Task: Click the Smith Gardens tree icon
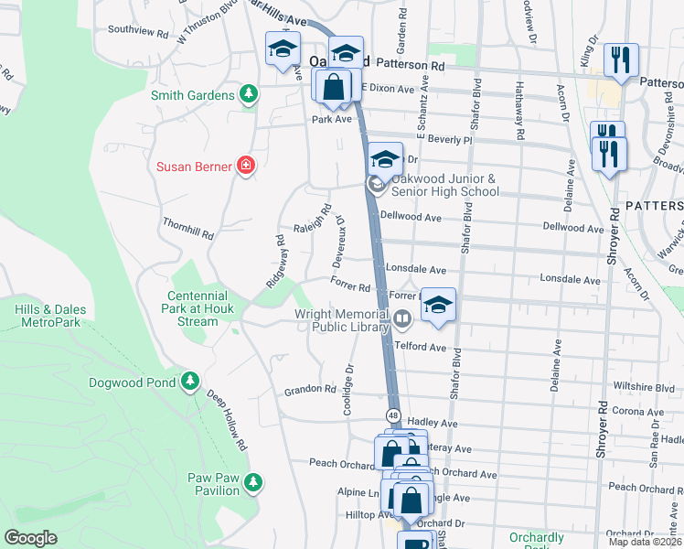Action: click(248, 94)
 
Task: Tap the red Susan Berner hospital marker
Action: click(245, 166)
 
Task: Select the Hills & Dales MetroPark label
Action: click(48, 316)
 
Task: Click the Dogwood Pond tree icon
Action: click(189, 380)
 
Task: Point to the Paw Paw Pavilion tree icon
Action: click(253, 481)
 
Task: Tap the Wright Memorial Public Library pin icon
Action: click(403, 319)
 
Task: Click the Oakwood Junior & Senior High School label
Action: click(444, 185)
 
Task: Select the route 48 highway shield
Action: click(392, 414)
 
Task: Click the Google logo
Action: click(31, 538)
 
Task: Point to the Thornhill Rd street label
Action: click(187, 229)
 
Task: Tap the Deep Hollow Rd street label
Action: click(227, 420)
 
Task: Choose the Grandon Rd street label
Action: click(310, 389)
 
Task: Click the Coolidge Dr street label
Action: click(348, 392)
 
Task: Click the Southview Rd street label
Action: click(138, 30)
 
